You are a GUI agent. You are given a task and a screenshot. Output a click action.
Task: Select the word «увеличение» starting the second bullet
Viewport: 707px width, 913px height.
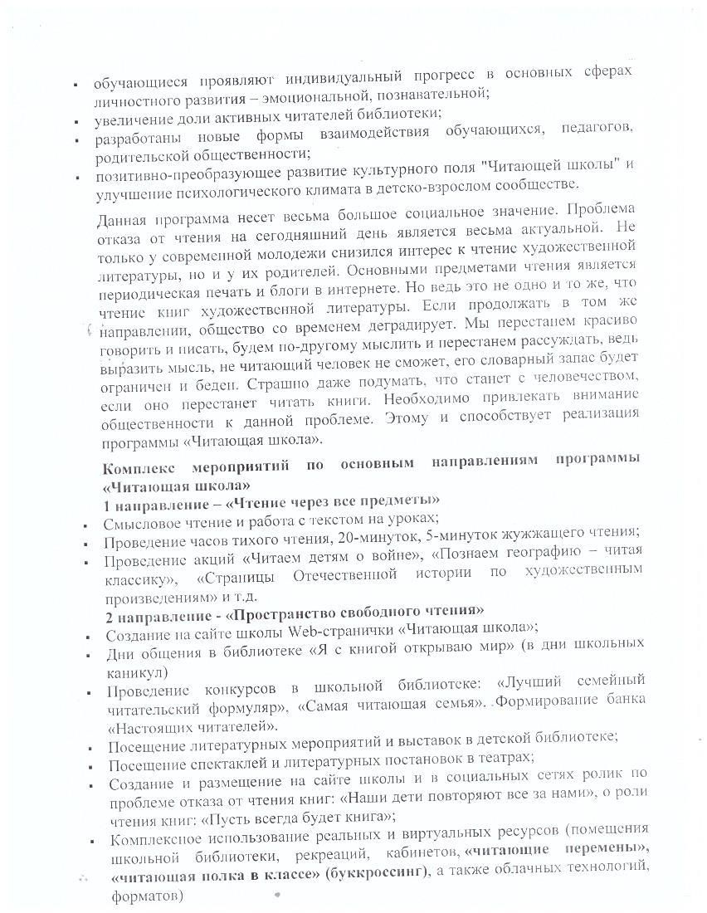tap(130, 115)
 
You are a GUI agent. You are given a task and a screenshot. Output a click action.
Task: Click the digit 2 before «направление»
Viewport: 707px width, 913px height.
tap(110, 616)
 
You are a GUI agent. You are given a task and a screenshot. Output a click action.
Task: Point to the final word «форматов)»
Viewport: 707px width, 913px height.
tap(145, 896)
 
